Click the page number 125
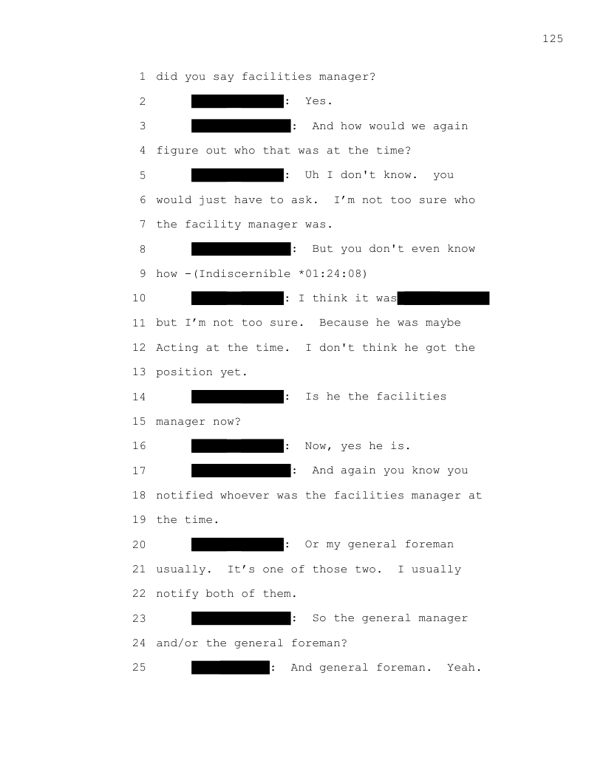pyautogui.click(x=552, y=38)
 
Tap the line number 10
pyautogui.click(x=139, y=298)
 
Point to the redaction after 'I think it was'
pyautogui.click(x=443, y=298)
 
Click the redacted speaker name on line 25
pyautogui.click(x=231, y=668)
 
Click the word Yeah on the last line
pyautogui.click(x=461, y=668)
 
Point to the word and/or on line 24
pyautogui.click(x=177, y=643)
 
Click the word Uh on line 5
pyautogui.click(x=312, y=175)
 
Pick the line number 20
pyautogui.click(x=139, y=544)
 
